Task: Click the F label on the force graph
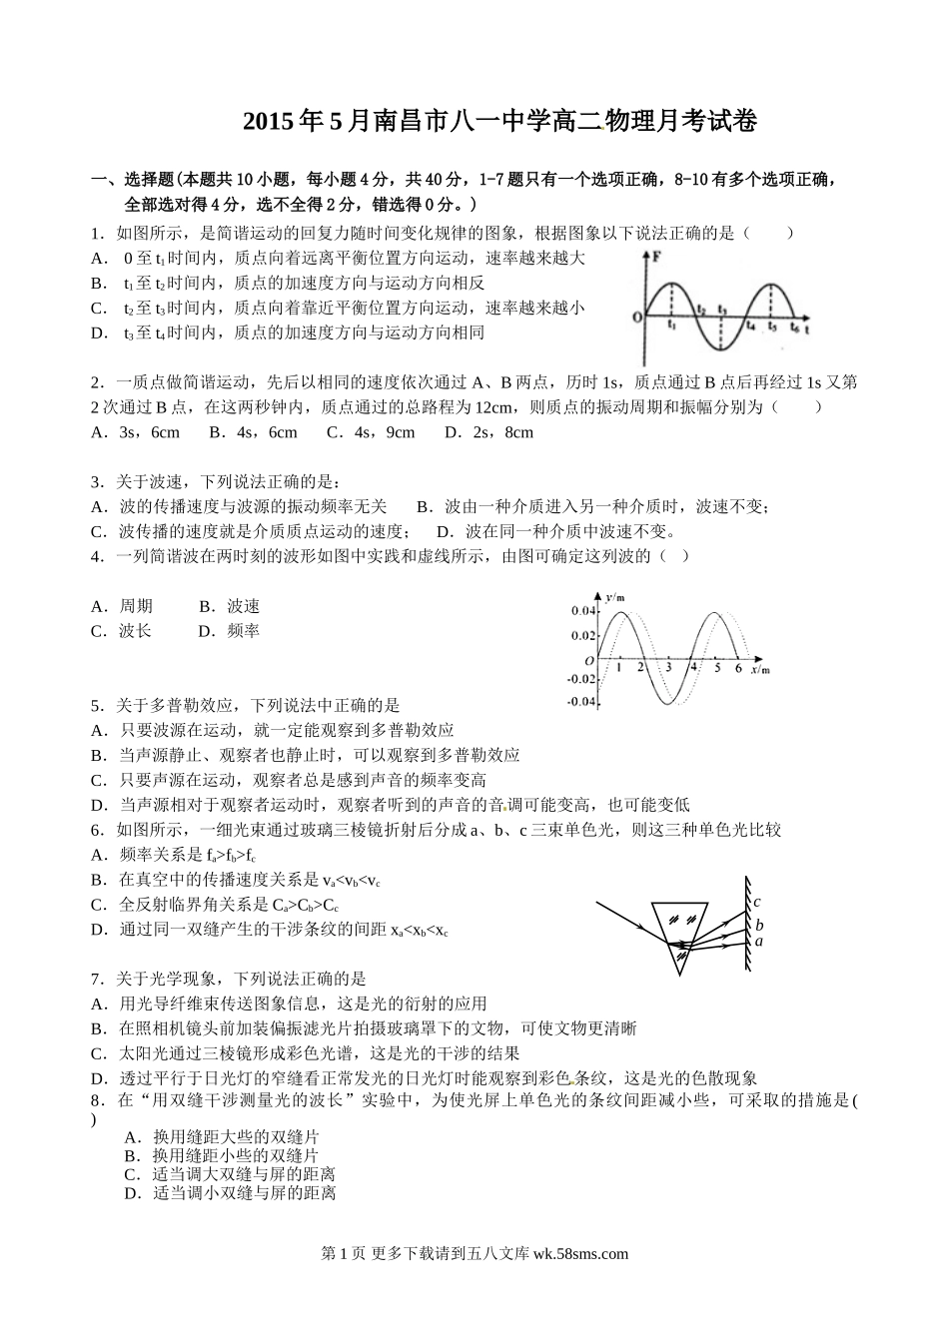[x=655, y=257]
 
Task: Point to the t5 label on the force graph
[x=772, y=326]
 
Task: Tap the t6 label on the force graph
[x=795, y=326]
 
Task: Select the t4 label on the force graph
[x=750, y=326]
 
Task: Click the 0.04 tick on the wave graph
[x=581, y=610]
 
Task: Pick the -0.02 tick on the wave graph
[x=580, y=679]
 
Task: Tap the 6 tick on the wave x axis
[x=737, y=668]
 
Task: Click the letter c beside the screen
[x=757, y=903]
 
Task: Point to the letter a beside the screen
[x=759, y=941]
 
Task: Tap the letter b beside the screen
[x=759, y=925]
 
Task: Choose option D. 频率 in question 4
[x=229, y=631]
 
